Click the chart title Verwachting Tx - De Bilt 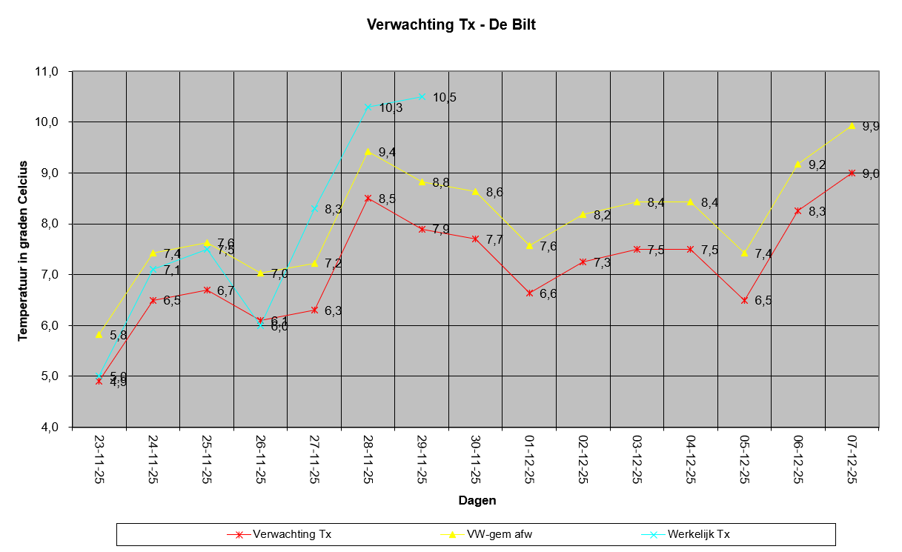(451, 25)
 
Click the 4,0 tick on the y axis (48, 427)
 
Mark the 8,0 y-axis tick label (48, 224)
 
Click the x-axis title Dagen (477, 500)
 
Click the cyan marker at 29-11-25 (422, 96)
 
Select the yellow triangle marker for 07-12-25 (852, 125)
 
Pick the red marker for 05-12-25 (744, 300)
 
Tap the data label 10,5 (445, 98)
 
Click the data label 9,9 (871, 127)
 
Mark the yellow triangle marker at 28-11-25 (368, 151)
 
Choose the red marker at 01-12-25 (529, 293)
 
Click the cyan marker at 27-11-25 (314, 208)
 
